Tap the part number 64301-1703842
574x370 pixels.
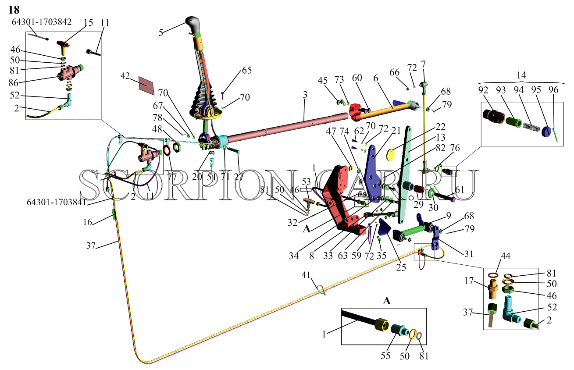click(42, 22)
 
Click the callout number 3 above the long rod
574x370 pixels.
click(305, 95)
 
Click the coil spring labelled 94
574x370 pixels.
click(531, 127)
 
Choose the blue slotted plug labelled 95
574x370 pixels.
click(546, 132)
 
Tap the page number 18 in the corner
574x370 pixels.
click(14, 10)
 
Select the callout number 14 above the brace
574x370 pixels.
click(521, 75)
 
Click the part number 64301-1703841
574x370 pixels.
click(57, 202)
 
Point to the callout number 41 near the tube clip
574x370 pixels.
click(306, 275)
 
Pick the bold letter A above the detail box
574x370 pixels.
click(387, 301)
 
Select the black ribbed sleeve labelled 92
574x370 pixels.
click(494, 117)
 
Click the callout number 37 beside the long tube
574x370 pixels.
click(91, 245)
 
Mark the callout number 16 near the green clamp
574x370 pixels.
click(87, 222)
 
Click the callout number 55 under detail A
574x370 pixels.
click(385, 356)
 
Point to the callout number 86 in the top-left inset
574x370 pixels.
click(14, 83)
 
